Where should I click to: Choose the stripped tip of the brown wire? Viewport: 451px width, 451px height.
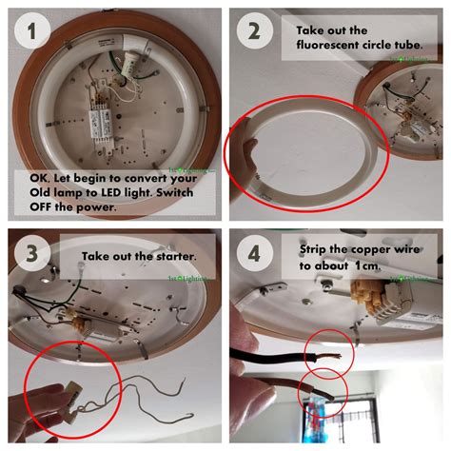(324, 390)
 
